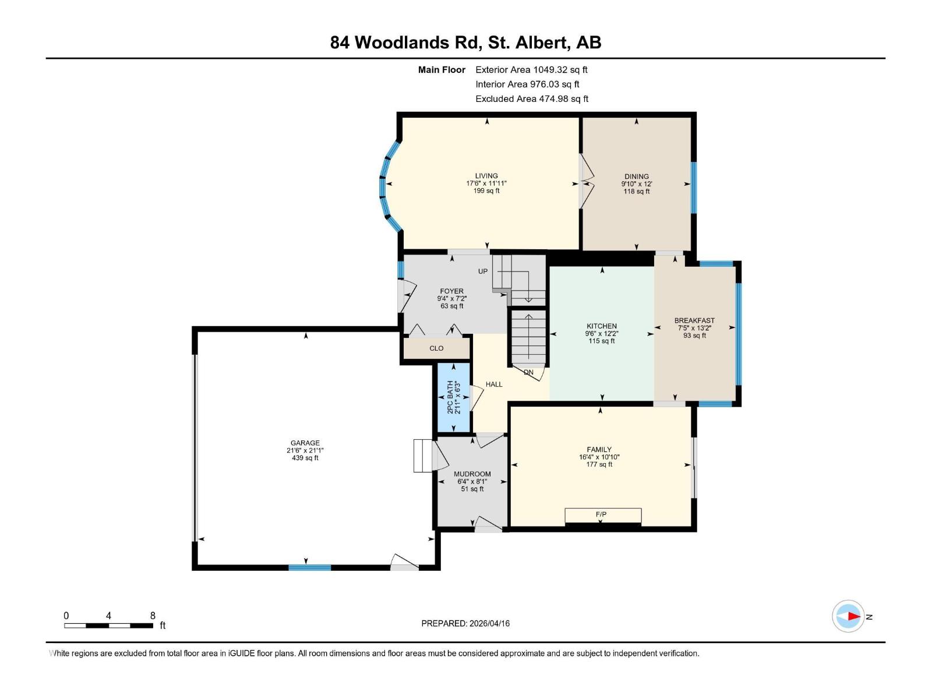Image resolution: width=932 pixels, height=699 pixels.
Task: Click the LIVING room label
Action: [486, 176]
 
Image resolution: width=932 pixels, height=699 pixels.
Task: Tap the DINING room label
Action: [636, 176]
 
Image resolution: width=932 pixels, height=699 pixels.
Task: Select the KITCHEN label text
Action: [602, 326]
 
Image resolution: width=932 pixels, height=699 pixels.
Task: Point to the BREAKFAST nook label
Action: [694, 320]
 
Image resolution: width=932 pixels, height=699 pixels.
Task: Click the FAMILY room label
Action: [599, 450]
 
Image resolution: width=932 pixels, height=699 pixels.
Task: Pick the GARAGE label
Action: [305, 443]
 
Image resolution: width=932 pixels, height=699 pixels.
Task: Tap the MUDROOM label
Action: [472, 474]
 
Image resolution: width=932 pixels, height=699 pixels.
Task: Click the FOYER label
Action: [452, 291]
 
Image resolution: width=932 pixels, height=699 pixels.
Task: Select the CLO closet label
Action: [436, 348]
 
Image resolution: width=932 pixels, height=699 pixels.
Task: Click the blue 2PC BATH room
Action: [454, 398]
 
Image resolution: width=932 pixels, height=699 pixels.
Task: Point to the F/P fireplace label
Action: [601, 514]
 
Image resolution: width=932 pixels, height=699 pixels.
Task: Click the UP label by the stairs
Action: [483, 271]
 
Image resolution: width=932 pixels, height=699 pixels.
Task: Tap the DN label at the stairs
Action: [528, 372]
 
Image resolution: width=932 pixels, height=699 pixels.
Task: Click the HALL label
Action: [494, 384]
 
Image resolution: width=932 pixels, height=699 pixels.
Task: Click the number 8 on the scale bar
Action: [153, 616]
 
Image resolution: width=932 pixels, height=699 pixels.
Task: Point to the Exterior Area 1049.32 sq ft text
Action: [531, 70]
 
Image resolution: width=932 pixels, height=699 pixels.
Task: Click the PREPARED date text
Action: [465, 623]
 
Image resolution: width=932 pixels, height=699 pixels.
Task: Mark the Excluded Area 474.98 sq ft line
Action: [532, 99]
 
